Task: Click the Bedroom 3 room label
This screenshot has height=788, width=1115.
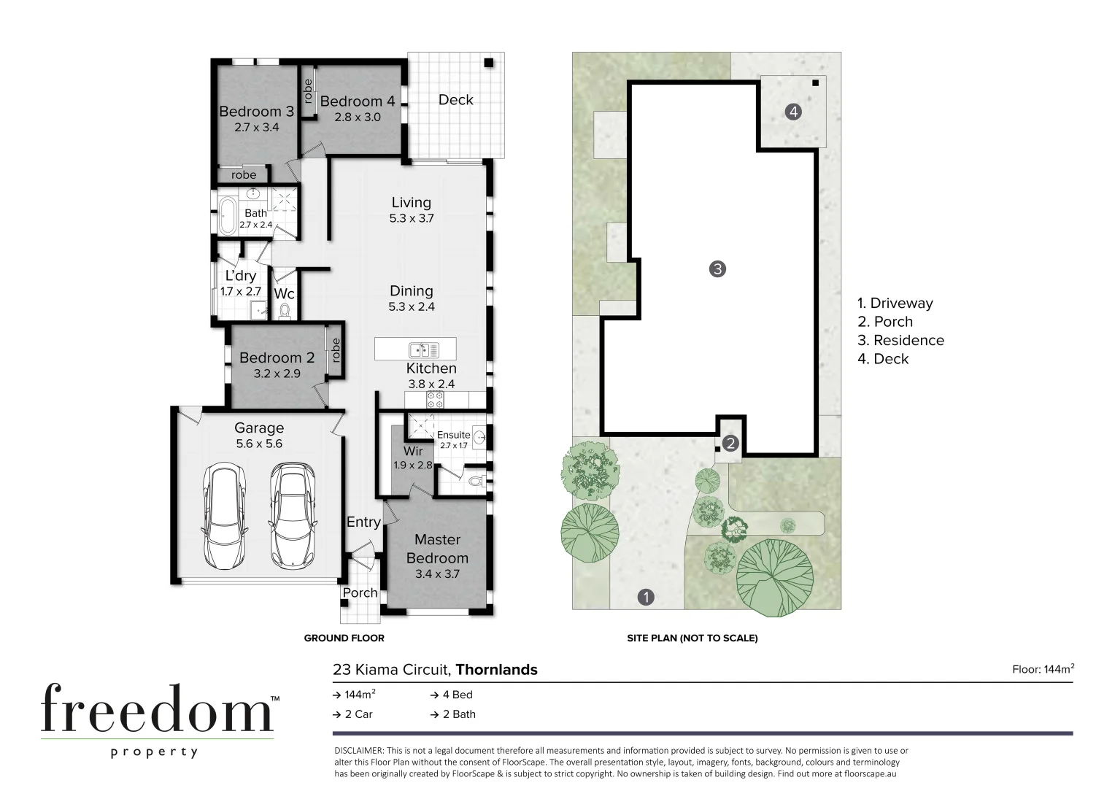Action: click(256, 112)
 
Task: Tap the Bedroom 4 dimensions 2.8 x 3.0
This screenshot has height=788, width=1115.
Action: click(357, 117)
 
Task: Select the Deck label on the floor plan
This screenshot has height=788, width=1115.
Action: click(455, 100)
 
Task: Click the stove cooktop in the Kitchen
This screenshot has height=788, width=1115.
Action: click(435, 400)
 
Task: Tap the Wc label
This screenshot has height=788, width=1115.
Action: click(284, 293)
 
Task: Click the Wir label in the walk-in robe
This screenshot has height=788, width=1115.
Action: click(413, 452)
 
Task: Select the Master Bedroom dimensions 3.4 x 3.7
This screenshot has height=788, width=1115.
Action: click(437, 574)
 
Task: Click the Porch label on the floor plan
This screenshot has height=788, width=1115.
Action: click(360, 592)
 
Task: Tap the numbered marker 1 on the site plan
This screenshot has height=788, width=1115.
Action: click(645, 598)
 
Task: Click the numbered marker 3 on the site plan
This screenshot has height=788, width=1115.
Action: click(717, 269)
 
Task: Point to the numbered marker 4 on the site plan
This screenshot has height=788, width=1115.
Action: click(793, 112)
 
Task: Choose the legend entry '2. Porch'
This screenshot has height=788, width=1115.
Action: click(884, 322)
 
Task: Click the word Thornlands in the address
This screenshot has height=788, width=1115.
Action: click(496, 670)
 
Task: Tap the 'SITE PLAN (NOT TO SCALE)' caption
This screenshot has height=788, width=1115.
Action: click(692, 638)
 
